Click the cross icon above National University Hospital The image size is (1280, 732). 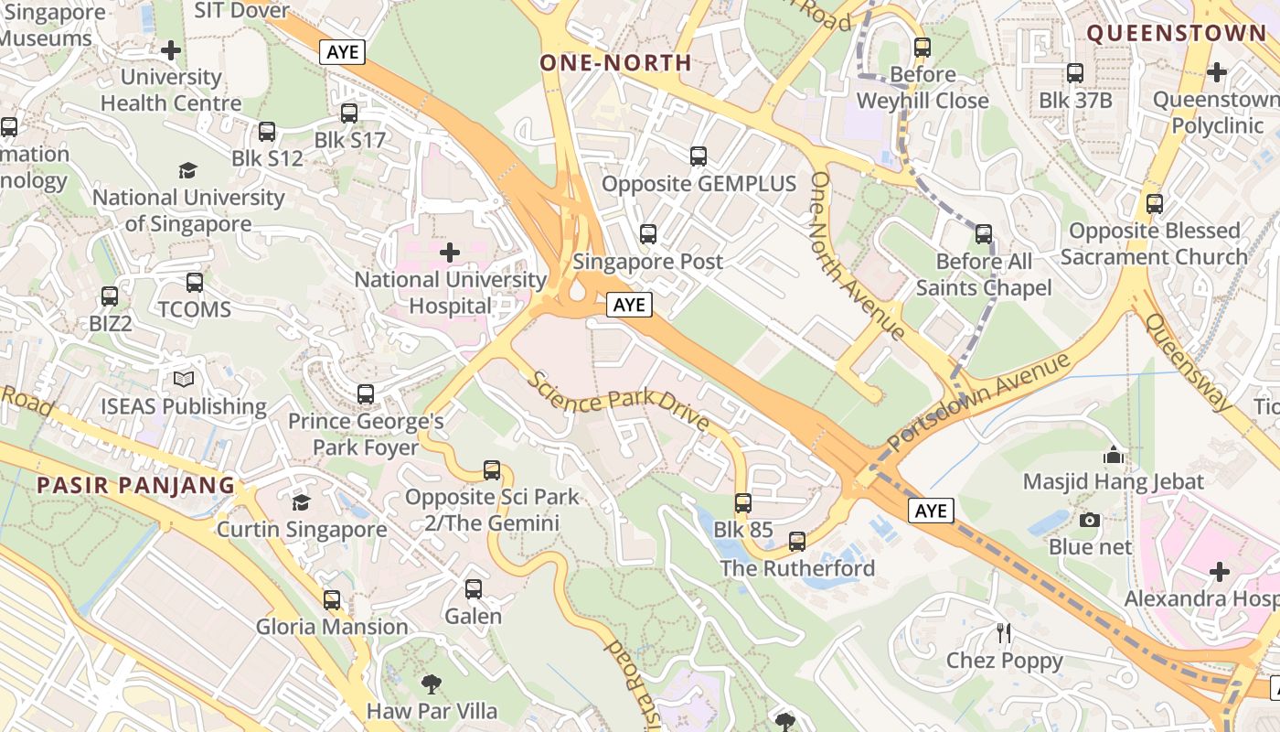pos(450,252)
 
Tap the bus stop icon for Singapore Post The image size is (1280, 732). pos(648,234)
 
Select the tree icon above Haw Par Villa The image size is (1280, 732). pos(431,684)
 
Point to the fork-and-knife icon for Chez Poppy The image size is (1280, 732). pos(1004,632)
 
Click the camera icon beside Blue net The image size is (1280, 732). pos(1089,520)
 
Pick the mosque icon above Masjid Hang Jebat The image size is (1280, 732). pos(1113,454)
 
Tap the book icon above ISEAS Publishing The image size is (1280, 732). pos(184,379)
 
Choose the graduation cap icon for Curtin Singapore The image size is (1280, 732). pos(301,502)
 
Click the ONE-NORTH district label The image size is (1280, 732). pos(615,63)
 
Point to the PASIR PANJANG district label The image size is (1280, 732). pos(136,485)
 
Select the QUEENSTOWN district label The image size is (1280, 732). pos(1177,34)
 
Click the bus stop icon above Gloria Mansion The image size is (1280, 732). pos(332,600)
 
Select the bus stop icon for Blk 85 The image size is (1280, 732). pos(743,503)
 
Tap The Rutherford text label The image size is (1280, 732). pos(797,568)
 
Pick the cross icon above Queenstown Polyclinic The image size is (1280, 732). pos(1217,71)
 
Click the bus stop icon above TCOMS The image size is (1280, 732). pos(194,283)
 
